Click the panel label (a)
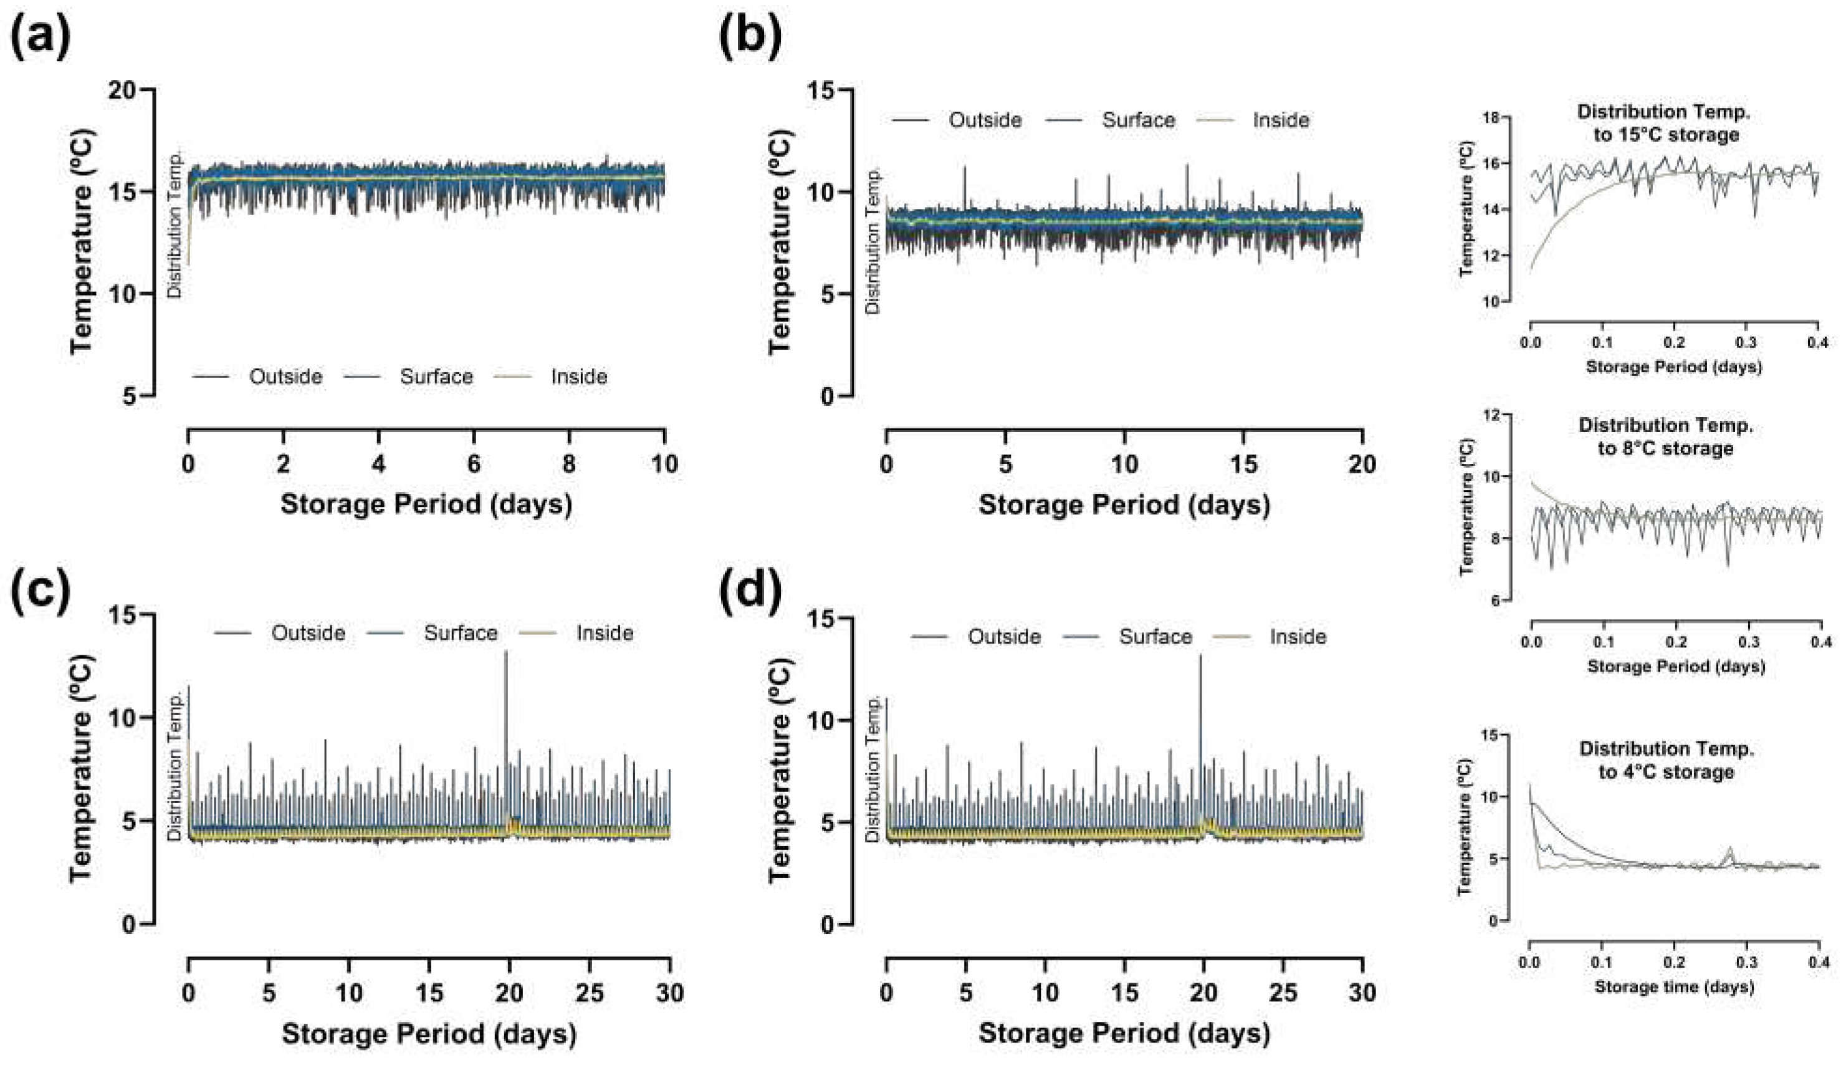point(41,37)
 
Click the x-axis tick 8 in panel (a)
point(570,463)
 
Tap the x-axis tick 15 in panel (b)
point(1243,464)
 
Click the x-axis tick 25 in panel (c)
point(589,993)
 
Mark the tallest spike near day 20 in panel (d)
point(1200,657)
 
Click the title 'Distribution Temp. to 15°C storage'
point(1664,123)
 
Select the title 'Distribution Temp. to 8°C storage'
point(1665,436)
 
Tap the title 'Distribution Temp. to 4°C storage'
point(1665,760)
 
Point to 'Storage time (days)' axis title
point(1673,986)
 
